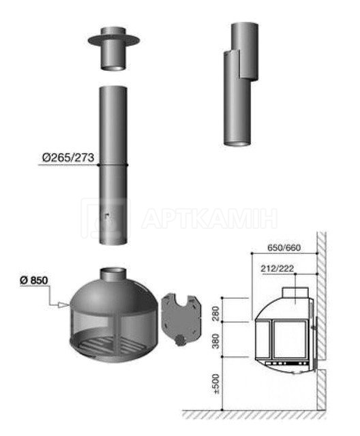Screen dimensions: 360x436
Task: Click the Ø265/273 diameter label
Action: [x=68, y=158]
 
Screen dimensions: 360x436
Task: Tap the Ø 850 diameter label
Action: [x=33, y=280]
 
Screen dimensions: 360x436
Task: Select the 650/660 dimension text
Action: [x=284, y=247]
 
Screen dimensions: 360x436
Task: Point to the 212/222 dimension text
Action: [x=277, y=268]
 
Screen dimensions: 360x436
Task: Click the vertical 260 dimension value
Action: [x=216, y=313]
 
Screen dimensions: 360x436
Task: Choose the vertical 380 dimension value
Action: [x=216, y=341]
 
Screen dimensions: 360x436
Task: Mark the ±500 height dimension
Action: [x=216, y=384]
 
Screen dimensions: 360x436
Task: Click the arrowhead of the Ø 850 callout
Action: [x=63, y=305]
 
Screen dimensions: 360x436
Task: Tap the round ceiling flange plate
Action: [x=113, y=40]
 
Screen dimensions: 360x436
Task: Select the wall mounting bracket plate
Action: [x=181, y=315]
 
